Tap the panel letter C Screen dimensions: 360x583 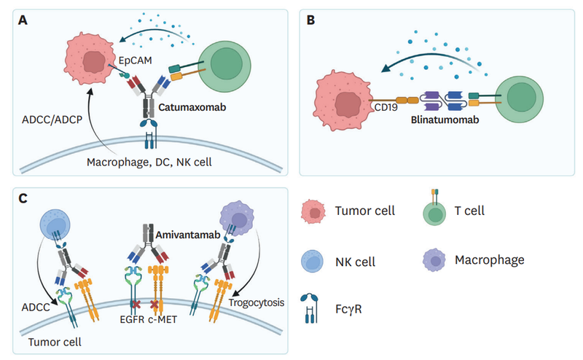click(x=22, y=197)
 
